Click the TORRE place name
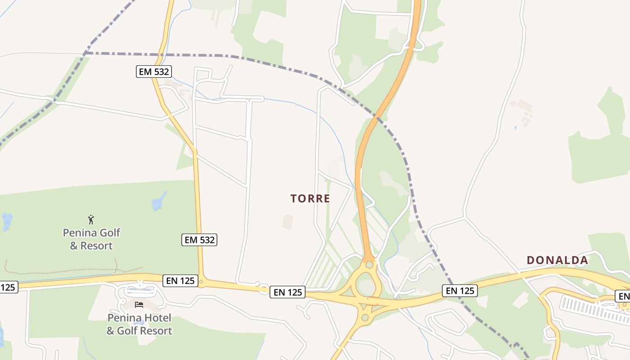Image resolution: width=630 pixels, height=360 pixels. pyautogui.click(x=310, y=198)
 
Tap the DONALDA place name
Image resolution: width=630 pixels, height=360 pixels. pyautogui.click(x=557, y=260)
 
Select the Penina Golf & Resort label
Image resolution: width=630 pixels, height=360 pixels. pyautogui.click(x=91, y=239)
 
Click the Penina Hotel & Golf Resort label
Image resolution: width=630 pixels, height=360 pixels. pyautogui.click(x=139, y=324)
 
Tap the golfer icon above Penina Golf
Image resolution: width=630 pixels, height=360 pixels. pyautogui.click(x=91, y=220)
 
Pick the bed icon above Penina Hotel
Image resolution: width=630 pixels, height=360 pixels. pyautogui.click(x=139, y=305)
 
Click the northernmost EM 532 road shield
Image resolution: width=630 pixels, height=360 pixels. pyautogui.click(x=154, y=71)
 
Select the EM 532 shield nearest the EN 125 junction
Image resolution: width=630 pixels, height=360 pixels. pyautogui.click(x=199, y=240)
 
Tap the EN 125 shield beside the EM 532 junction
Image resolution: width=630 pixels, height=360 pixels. pyautogui.click(x=180, y=281)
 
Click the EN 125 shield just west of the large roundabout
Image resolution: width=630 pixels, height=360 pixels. pyautogui.click(x=288, y=292)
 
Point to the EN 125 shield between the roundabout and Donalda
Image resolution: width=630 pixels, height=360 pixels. pyautogui.click(x=459, y=291)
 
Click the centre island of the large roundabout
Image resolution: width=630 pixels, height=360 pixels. pyautogui.click(x=367, y=286)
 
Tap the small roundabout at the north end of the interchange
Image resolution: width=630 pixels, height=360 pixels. pyautogui.click(x=369, y=264)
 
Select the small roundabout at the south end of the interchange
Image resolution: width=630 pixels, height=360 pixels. pyautogui.click(x=364, y=318)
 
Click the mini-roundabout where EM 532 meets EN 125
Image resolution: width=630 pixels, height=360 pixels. pyautogui.click(x=201, y=282)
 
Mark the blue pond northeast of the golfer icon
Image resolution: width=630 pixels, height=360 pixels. pyautogui.click(x=158, y=202)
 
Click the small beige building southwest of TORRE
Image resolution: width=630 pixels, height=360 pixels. pyautogui.click(x=288, y=221)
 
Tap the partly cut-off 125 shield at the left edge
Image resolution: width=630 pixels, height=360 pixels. pyautogui.click(x=9, y=287)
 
